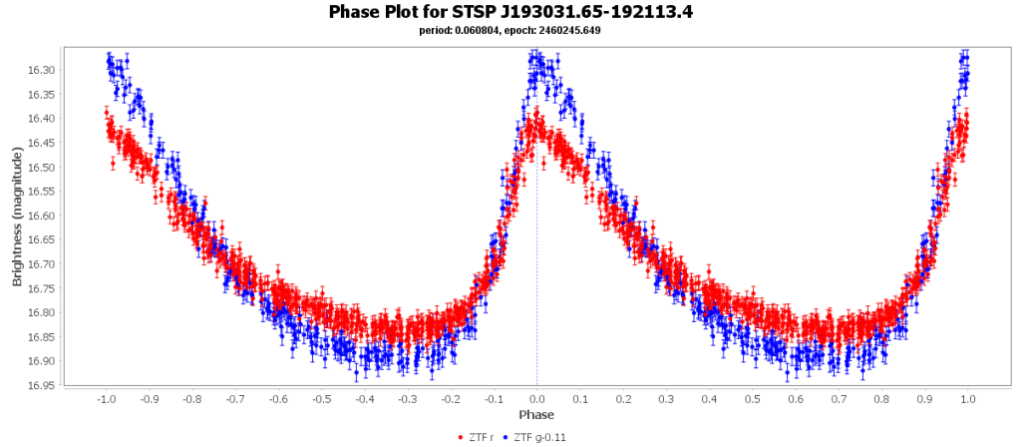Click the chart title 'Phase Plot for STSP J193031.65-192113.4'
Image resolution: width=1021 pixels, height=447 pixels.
510,12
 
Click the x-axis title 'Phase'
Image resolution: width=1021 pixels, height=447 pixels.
536,414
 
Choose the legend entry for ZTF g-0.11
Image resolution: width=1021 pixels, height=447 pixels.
539,437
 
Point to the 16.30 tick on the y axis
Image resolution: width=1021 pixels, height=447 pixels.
41,70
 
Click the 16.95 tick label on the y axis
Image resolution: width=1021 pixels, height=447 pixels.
41,385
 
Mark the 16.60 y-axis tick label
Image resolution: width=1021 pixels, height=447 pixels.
41,216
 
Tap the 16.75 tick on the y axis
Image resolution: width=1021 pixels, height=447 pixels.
41,288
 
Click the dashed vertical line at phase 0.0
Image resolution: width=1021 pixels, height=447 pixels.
536,249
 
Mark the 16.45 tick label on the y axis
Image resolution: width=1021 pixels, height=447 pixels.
41,143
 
